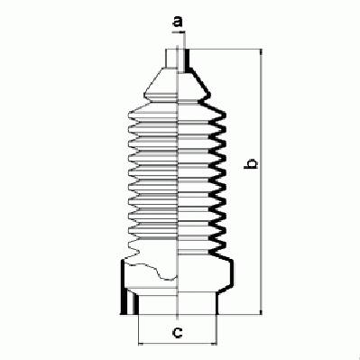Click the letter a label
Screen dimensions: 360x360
click(x=178, y=22)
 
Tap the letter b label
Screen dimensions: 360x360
click(x=251, y=164)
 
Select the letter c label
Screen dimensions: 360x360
click(x=177, y=332)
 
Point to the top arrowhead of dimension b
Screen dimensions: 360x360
click(x=261, y=52)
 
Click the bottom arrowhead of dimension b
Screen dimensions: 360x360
click(x=261, y=311)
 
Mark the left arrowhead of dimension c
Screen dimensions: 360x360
click(x=142, y=344)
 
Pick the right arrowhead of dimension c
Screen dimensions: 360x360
click(x=213, y=344)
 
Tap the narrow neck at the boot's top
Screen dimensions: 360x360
click(x=178, y=59)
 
